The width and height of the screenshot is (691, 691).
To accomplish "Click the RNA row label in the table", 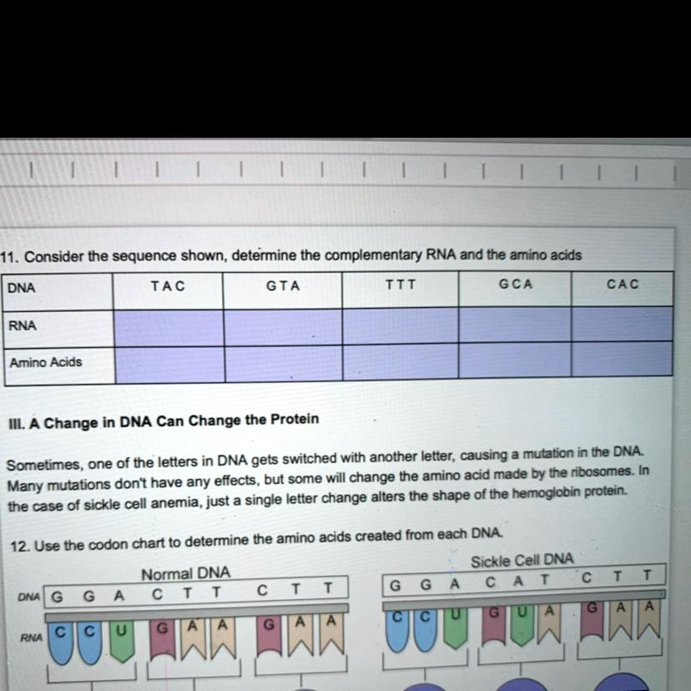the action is (23, 325).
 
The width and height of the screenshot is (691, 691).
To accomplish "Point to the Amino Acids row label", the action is (46, 362).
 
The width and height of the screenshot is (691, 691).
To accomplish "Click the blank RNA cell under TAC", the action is (169, 328).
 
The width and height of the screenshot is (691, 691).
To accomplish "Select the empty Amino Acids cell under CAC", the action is (622, 359).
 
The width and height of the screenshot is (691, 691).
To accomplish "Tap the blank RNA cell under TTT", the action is (400, 326).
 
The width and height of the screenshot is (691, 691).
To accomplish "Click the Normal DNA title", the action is (185, 573).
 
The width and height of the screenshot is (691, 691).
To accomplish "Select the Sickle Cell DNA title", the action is (522, 561).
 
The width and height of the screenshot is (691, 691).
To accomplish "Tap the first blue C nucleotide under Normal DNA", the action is (60, 643).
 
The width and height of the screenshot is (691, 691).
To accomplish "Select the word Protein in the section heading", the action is (295, 419).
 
